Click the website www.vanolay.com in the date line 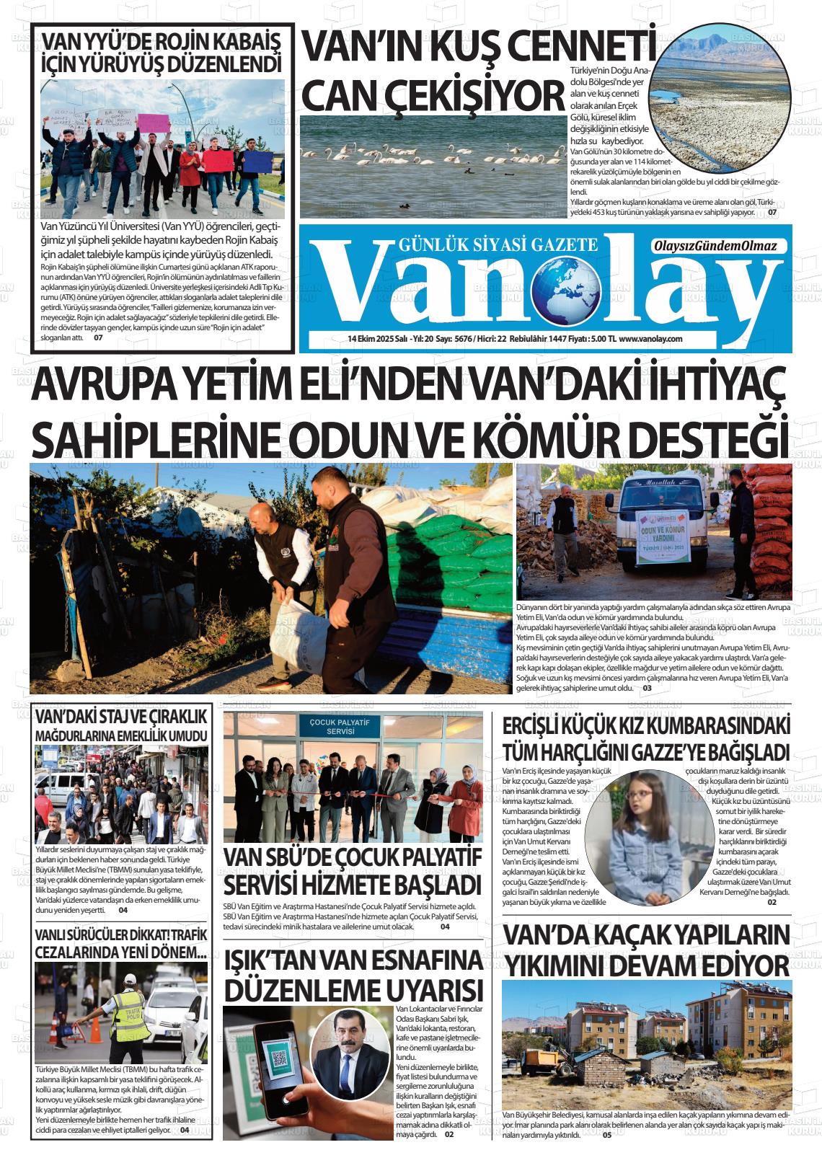pos(650,339)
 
